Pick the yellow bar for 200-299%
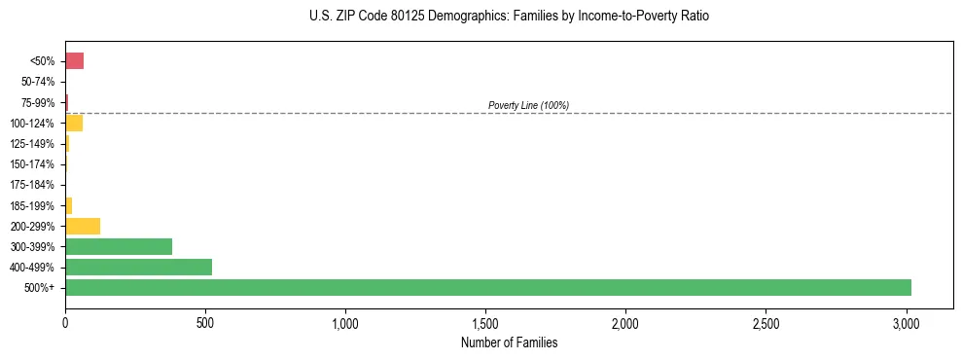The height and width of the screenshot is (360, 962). click(83, 226)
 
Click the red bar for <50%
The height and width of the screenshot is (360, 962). click(74, 61)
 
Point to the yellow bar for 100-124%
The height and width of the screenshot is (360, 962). click(74, 123)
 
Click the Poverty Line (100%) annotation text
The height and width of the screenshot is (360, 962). click(528, 105)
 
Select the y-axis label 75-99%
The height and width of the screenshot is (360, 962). click(38, 102)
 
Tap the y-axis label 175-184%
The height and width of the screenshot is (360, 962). click(32, 185)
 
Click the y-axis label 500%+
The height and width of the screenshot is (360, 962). click(40, 288)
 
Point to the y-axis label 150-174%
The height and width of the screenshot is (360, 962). click(32, 164)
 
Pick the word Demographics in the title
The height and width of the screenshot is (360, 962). click(462, 17)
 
